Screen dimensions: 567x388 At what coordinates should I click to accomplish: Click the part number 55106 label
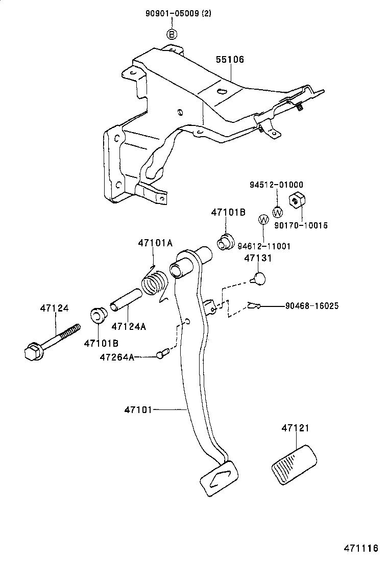coord(229,60)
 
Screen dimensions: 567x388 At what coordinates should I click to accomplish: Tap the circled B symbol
coord(172,34)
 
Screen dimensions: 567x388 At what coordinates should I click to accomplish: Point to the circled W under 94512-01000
coord(278,212)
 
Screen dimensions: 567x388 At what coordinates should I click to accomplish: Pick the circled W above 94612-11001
coord(263,220)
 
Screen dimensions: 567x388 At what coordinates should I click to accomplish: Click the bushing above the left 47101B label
coord(97,315)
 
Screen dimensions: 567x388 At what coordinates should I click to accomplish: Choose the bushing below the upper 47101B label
coord(225,241)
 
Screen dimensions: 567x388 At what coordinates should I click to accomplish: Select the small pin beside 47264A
coord(163,353)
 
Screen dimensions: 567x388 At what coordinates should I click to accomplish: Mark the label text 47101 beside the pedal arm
coord(138,409)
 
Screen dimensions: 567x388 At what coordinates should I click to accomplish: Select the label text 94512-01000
coord(276,185)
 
